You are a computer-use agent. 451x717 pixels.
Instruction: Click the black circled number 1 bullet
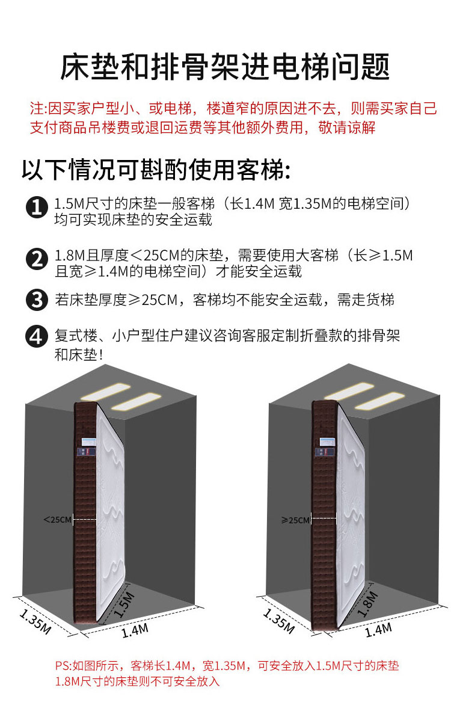point(37,208)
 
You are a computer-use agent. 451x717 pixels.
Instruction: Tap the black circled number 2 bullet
point(37,259)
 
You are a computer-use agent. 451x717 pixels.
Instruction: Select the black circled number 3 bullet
point(37,300)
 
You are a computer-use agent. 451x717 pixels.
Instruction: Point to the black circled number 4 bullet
point(37,337)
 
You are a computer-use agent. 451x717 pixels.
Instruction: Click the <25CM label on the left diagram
point(58,520)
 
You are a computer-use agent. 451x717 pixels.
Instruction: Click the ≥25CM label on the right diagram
point(296,520)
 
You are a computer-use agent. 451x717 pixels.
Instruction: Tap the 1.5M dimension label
point(124,605)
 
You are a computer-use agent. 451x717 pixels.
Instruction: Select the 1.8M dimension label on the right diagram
point(368,604)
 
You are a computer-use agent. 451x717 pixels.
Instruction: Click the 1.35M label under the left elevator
point(35,621)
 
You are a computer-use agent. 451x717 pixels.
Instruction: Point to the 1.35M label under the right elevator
point(279,621)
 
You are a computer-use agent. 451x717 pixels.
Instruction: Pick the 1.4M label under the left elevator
point(135,630)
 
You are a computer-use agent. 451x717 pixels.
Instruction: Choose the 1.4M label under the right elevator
point(378,630)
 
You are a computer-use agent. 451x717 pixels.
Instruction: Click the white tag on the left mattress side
point(89,442)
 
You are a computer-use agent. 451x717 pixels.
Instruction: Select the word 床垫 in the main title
point(90,67)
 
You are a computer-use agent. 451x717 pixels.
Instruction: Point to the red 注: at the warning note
point(39,108)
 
